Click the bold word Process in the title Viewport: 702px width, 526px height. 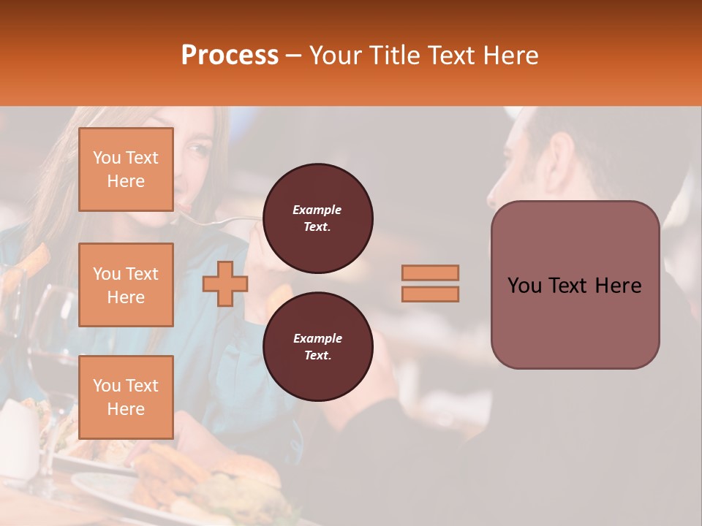click(x=230, y=56)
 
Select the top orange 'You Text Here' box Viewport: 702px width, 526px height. click(x=126, y=169)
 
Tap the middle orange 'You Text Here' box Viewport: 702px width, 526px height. click(x=126, y=285)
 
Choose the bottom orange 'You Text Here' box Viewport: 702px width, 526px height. click(x=126, y=397)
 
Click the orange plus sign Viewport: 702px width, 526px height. click(x=224, y=283)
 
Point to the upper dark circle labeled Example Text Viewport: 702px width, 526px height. click(x=317, y=218)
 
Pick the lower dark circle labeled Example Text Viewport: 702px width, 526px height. click(x=317, y=347)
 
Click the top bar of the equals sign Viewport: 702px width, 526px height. click(x=431, y=272)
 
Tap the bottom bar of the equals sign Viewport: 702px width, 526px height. click(x=431, y=294)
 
